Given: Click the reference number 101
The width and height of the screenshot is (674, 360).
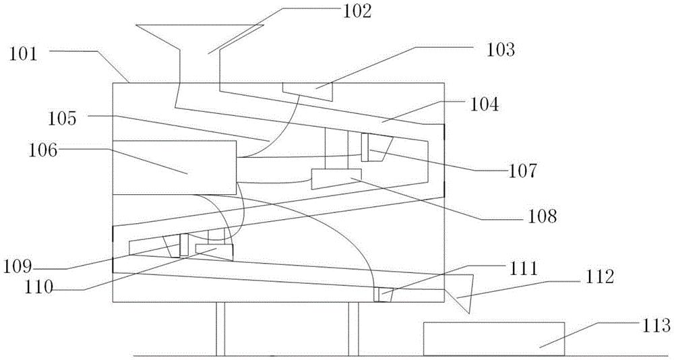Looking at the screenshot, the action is point(25,56).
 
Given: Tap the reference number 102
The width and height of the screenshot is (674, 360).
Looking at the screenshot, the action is point(357,11).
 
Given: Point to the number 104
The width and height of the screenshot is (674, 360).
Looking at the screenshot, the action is point(485,104).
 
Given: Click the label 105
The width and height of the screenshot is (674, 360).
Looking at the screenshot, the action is point(62,119).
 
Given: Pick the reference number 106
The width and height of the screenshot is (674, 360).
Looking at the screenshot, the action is point(43,152).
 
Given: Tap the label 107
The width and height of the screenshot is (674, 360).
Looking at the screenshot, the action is point(523,171).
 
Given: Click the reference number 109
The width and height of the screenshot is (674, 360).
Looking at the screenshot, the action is point(18,267).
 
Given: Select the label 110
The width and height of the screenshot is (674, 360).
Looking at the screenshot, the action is point(37,287).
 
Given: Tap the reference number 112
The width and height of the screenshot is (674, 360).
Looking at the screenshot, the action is point(599,278).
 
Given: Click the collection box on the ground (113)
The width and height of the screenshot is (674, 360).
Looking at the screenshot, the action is point(494,339).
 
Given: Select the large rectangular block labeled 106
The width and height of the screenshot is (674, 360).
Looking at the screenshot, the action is point(174,167).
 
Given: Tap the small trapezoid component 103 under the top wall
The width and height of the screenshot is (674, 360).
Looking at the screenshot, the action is point(308,90).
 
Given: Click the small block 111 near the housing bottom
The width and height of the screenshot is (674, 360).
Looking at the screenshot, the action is point(382,295).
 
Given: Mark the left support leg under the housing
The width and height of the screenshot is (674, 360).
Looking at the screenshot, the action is point(220,329).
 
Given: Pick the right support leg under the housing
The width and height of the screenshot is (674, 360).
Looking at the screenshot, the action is point(353,329).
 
